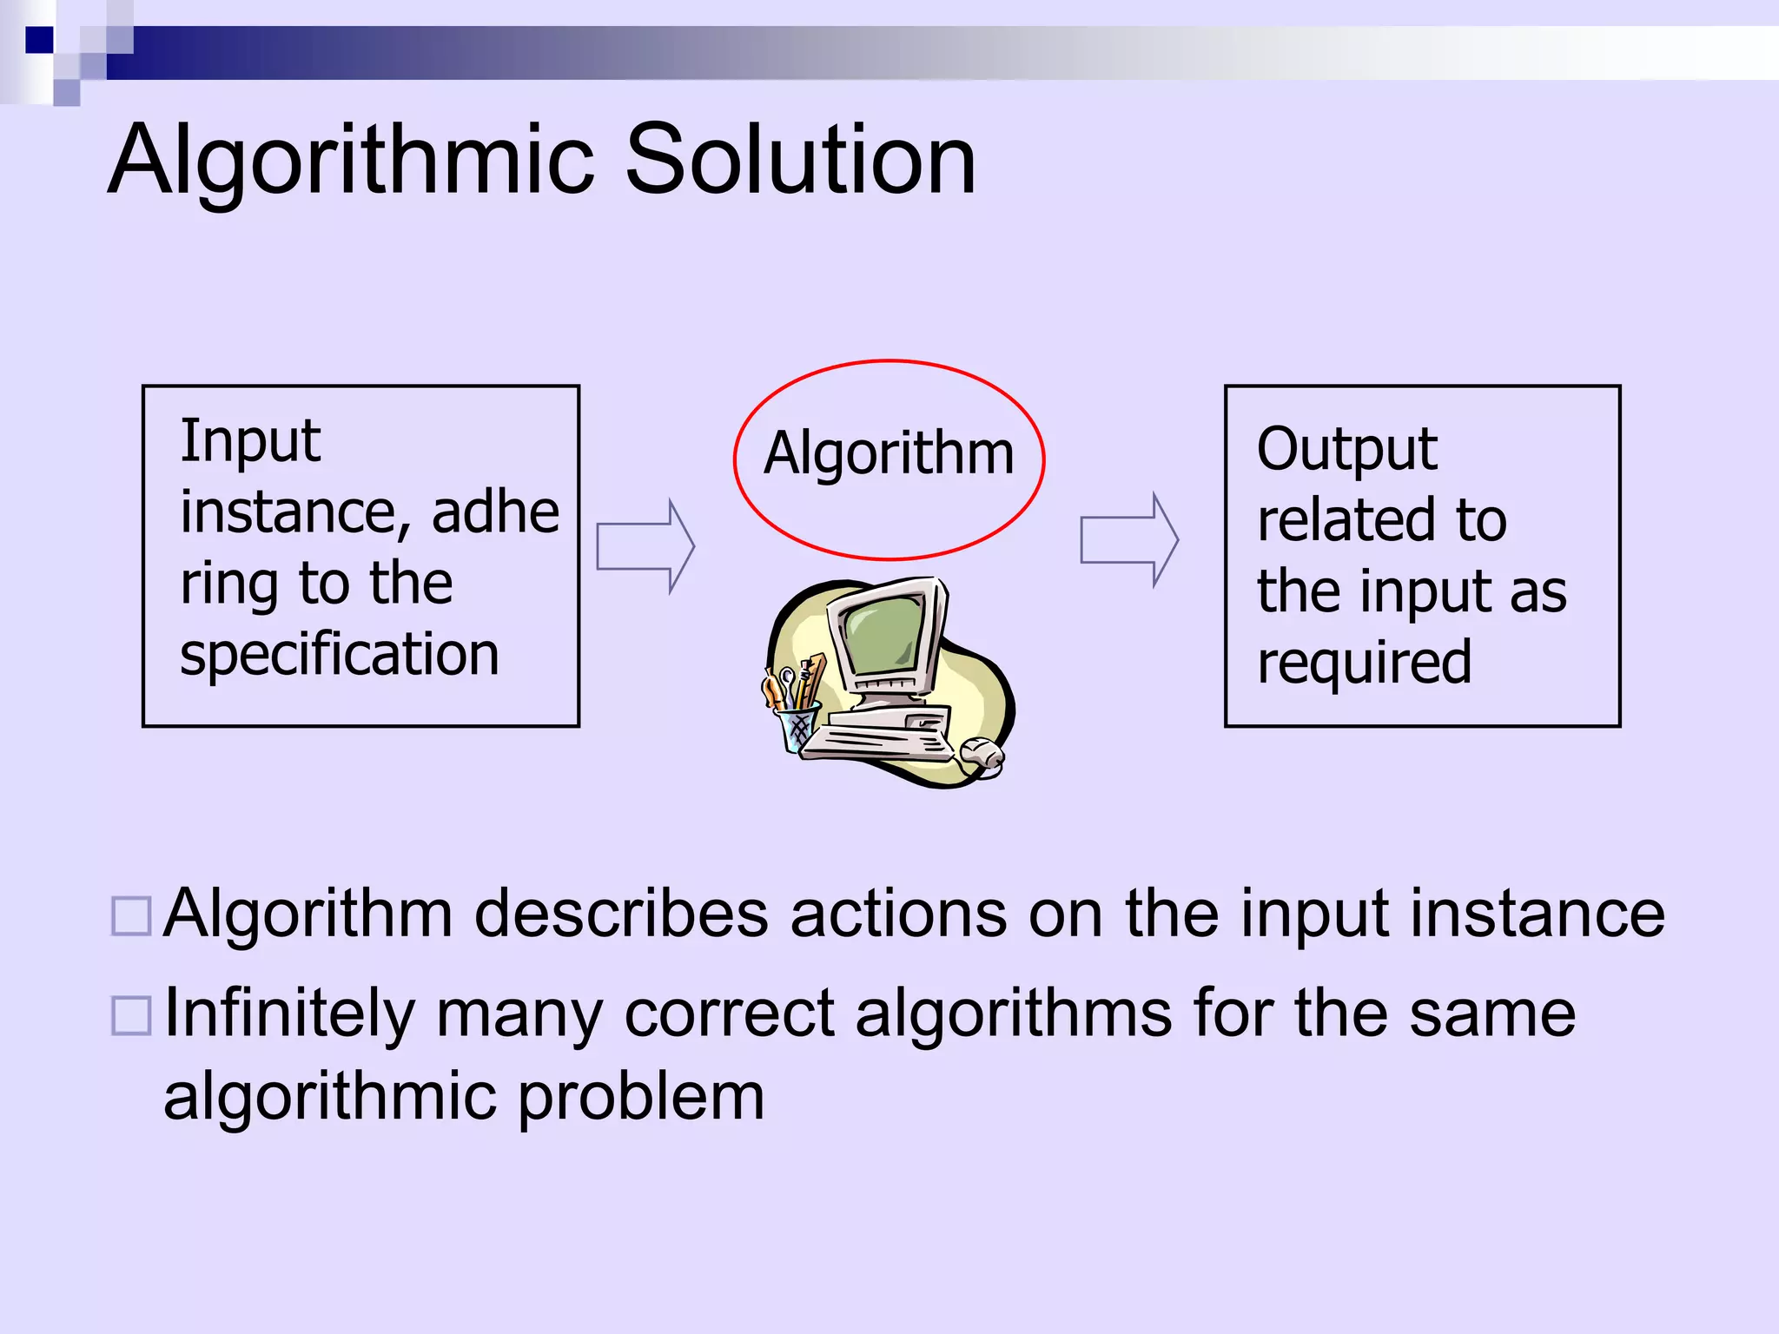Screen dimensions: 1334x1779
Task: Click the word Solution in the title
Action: (x=800, y=160)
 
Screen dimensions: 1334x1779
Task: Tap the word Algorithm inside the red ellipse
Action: (x=889, y=454)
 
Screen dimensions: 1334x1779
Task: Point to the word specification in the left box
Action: (x=339, y=655)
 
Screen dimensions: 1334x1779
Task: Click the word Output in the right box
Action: (x=1346, y=450)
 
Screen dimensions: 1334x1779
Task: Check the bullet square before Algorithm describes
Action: (x=132, y=916)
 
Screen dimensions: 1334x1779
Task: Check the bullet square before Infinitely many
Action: (x=132, y=1015)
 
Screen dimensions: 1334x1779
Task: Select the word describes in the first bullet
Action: (x=621, y=914)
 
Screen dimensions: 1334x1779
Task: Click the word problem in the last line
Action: (x=641, y=1098)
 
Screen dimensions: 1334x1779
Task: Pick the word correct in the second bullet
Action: (x=729, y=1014)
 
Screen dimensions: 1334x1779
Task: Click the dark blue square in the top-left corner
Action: (x=39, y=40)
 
